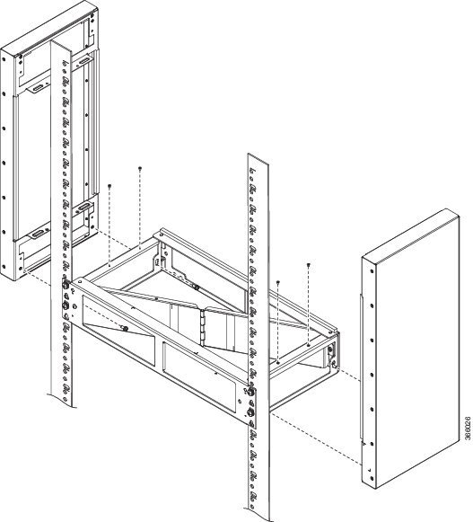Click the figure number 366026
pos(468,429)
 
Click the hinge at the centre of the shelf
pos(203,327)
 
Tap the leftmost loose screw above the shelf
pos(109,186)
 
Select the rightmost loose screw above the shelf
pos(309,265)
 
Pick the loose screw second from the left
pos(140,168)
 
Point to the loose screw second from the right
pos(278,283)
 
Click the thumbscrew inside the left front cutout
pos(125,329)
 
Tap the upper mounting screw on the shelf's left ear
pos(66,285)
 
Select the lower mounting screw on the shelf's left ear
pos(65,305)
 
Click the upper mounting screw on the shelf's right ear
pos(250,392)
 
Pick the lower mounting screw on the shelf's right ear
pos(250,412)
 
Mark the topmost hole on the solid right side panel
pos(372,271)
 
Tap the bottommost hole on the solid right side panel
pos(372,479)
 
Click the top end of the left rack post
pos(61,46)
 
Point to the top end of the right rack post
pos(258,159)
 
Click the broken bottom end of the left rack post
pos(61,401)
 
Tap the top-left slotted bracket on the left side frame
pos(37,89)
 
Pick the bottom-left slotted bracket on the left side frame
pos(37,234)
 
